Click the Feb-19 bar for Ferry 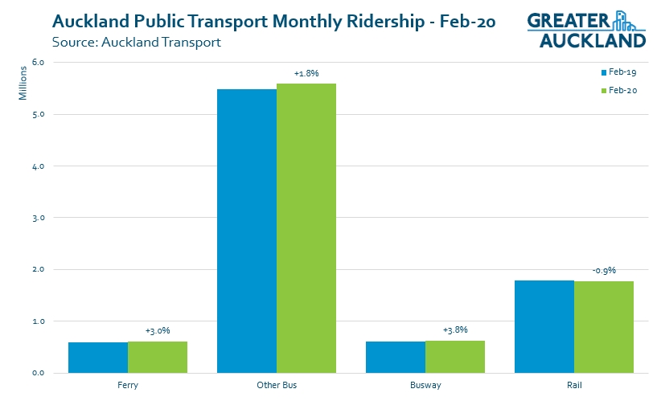point(98,358)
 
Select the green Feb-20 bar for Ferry point(158,357)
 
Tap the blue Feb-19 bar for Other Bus point(247,231)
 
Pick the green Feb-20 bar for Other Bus point(306,228)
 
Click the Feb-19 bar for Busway point(396,357)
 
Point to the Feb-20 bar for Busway point(455,357)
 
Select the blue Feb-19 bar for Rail point(544,326)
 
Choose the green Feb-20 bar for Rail point(604,327)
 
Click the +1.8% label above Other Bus point(306,73)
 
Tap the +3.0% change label point(158,330)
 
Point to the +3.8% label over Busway point(455,329)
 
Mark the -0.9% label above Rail point(604,270)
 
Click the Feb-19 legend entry point(618,72)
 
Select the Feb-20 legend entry point(618,91)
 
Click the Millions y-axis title point(23,84)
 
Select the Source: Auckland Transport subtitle point(136,42)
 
